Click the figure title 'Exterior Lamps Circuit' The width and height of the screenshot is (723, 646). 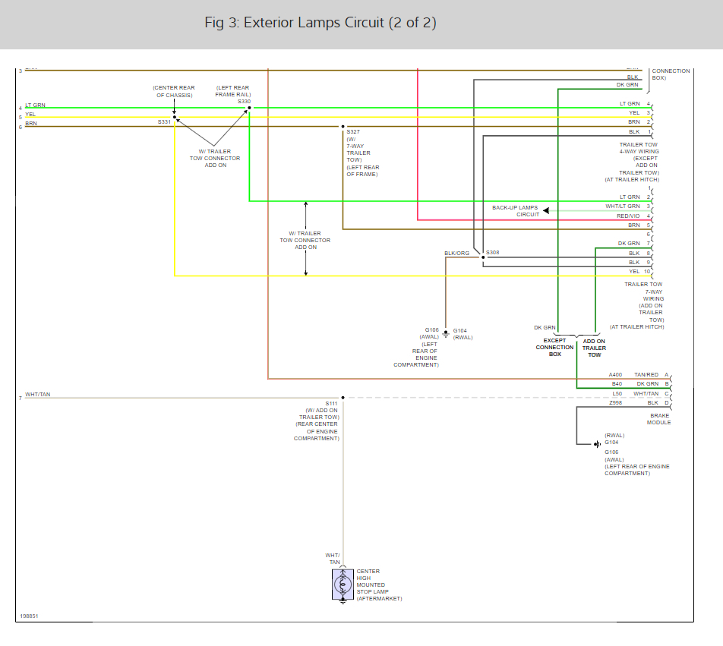click(320, 23)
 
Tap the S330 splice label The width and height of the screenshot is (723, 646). click(244, 101)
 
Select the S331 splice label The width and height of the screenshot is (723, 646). click(164, 121)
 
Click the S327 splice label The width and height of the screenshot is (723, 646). click(353, 132)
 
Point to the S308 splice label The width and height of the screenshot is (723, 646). click(493, 252)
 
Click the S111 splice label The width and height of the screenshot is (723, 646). click(331, 403)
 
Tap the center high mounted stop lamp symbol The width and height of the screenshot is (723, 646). click(343, 585)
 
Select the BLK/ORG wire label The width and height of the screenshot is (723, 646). click(457, 253)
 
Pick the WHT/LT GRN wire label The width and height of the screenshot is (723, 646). click(623, 206)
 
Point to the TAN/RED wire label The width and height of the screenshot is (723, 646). click(646, 375)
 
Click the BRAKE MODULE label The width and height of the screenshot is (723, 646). click(658, 419)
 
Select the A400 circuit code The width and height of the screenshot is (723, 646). click(615, 375)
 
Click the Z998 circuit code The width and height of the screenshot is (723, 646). click(615, 402)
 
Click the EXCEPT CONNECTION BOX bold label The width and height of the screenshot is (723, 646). click(554, 348)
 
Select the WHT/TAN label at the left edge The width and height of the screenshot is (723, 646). click(38, 394)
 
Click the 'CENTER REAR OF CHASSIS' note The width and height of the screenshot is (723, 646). click(173, 92)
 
